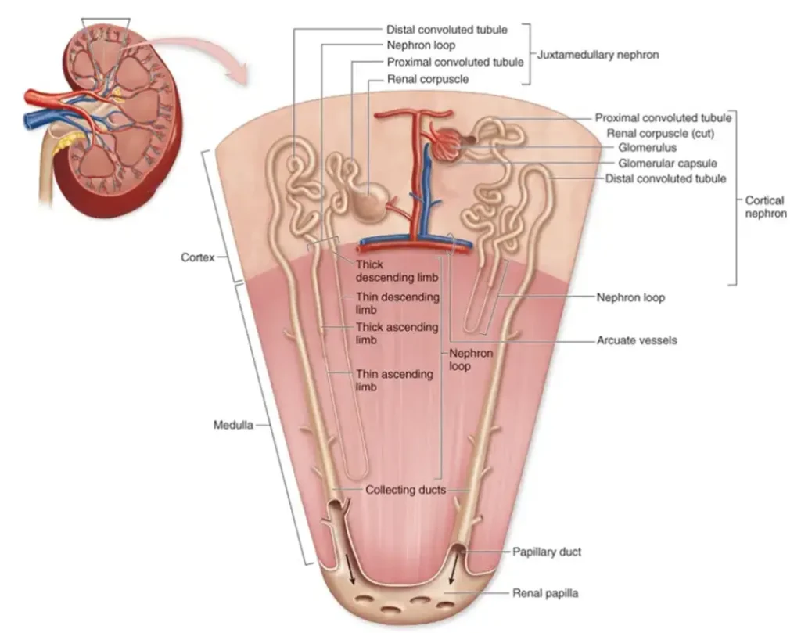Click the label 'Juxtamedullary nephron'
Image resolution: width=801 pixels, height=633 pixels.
click(598, 55)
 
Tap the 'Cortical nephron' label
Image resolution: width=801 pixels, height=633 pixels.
click(765, 207)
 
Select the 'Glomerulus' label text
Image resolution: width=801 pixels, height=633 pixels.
click(647, 148)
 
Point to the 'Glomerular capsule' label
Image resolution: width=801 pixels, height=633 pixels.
click(667, 164)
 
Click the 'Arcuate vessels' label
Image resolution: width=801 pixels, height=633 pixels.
click(637, 340)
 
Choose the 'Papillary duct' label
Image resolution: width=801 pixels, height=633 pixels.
click(547, 552)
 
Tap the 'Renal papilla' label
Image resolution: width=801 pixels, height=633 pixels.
click(545, 593)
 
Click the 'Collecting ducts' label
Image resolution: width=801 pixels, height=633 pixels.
click(406, 490)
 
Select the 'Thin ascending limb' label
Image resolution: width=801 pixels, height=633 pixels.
click(394, 380)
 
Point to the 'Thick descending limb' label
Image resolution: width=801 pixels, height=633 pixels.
click(397, 271)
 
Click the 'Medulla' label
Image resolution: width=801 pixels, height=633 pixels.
click(233, 425)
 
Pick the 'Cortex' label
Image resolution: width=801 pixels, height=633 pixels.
click(198, 257)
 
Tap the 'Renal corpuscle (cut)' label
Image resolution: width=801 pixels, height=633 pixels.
click(660, 133)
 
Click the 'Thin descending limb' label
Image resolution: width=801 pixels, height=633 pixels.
click(397, 303)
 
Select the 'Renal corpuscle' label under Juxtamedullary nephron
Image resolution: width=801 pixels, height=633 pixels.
click(428, 79)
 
